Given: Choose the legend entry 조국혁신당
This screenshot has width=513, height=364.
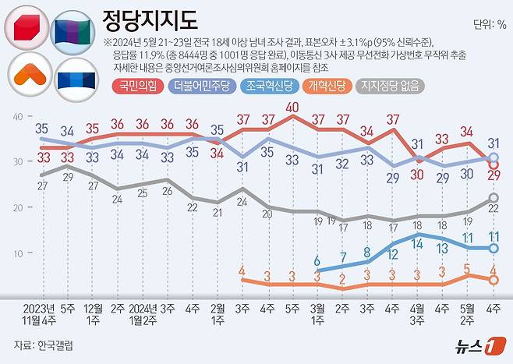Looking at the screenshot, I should [271, 87].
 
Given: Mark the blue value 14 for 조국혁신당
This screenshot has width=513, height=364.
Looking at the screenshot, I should [418, 244].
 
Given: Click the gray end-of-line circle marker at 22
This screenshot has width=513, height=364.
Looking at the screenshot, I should [493, 199].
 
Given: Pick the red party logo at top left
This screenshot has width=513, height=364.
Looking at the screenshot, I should [27, 29].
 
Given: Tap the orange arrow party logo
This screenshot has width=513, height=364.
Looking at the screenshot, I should [27, 75].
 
